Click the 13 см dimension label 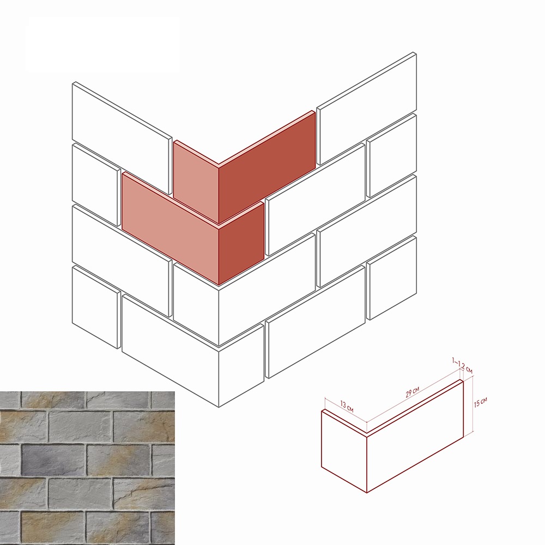point(347,407)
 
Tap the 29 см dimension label point(412,392)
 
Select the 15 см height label point(480,402)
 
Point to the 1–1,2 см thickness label point(462,366)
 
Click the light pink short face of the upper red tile point(196,183)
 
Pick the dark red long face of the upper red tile point(267,167)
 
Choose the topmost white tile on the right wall point(367,108)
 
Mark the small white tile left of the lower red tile point(96,185)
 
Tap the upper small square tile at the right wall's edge point(391,155)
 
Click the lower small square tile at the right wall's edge point(391,277)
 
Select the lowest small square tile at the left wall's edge point(96,307)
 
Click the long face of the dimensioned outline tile point(415,437)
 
